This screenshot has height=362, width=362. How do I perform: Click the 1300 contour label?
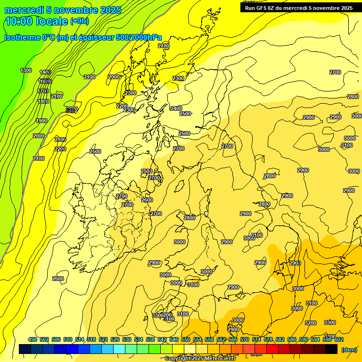pyautogui.click(x=26, y=70)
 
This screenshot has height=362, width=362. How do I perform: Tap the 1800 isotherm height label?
pyautogui.click(x=43, y=101)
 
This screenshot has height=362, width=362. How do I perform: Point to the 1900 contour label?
pyautogui.click(x=41, y=121)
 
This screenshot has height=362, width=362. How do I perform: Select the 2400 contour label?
pyautogui.click(x=176, y=108)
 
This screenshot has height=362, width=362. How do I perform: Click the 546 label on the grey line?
pyautogui.click(x=72, y=109)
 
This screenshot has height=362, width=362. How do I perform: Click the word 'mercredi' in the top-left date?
pyautogui.click(x=24, y=10)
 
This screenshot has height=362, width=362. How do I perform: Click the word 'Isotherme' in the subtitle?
pyautogui.click(x=23, y=37)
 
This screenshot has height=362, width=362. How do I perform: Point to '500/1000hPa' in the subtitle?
pyautogui.click(x=137, y=37)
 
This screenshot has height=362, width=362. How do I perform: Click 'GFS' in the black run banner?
pyautogui.click(x=265, y=8)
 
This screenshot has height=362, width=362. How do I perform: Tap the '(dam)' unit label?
pyautogui.click(x=348, y=350)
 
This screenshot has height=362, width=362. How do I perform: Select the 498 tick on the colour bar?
pyautogui.click(x=33, y=339)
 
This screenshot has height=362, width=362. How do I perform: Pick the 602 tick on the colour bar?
pyautogui.click(x=338, y=339)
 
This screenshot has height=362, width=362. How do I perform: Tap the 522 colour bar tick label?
pyautogui.click(x=103, y=339)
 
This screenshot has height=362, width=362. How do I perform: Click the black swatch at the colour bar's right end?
pyautogui.click(x=331, y=349)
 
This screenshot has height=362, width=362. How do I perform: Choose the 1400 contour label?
pyautogui.click(x=45, y=72)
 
